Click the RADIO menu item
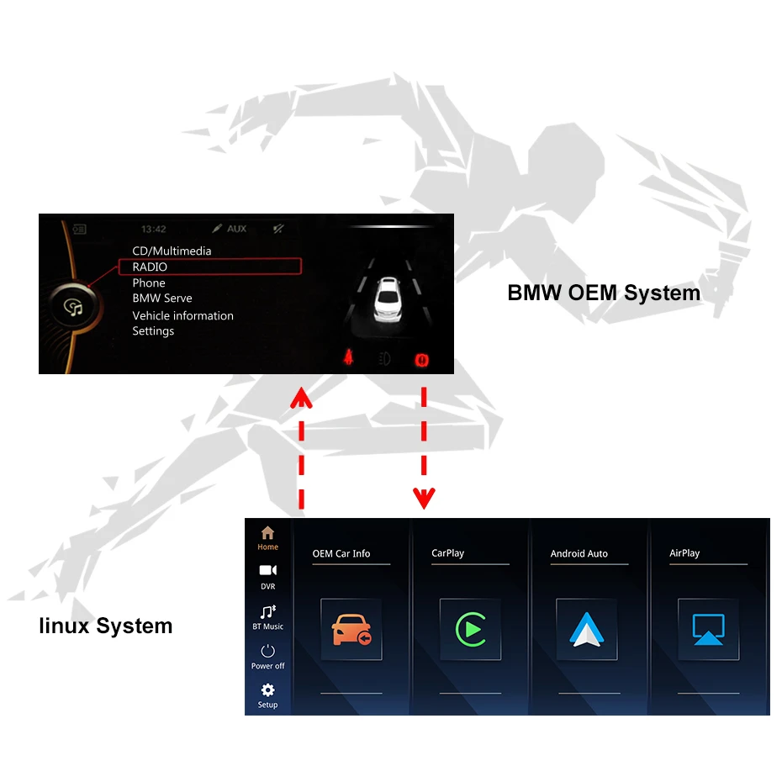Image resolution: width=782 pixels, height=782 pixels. (x=150, y=267)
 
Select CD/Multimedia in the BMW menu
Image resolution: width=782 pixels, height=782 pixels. (x=172, y=251)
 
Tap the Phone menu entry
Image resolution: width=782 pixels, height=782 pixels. (x=149, y=283)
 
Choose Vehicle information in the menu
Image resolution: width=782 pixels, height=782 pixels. (x=182, y=315)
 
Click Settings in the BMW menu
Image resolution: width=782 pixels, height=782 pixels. (x=153, y=331)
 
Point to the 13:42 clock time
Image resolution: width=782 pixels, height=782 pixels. (x=154, y=229)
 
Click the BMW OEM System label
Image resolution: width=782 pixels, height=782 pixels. (x=603, y=293)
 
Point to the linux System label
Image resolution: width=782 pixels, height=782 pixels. (x=105, y=626)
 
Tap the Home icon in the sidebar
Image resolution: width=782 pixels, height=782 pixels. (x=267, y=533)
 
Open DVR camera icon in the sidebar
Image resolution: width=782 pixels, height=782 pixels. (x=267, y=571)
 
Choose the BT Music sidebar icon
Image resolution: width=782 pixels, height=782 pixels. (x=267, y=611)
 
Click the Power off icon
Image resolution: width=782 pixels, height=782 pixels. (x=267, y=651)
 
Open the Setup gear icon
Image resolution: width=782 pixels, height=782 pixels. (x=267, y=690)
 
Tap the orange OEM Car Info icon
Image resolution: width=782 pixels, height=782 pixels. (x=351, y=630)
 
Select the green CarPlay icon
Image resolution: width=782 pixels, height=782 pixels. (x=470, y=629)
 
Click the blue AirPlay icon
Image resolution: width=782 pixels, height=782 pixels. (x=708, y=629)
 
